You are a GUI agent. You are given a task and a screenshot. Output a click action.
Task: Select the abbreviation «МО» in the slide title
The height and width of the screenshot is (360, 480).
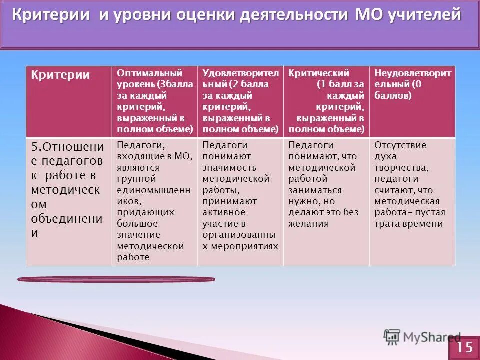click(368, 15)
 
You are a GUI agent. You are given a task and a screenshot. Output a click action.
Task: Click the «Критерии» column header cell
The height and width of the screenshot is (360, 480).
click(68, 101)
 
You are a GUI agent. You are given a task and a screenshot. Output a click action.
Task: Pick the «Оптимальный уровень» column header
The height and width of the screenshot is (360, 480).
click(154, 101)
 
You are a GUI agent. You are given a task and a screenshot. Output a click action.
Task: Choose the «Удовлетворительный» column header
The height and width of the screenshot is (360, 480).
click(240, 101)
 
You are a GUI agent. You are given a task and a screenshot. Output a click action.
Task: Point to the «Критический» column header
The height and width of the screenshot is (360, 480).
click(326, 101)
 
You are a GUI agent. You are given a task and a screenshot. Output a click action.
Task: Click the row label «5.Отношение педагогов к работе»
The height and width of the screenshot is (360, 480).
click(68, 190)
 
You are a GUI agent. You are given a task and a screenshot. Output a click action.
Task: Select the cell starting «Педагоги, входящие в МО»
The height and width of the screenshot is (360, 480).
click(154, 201)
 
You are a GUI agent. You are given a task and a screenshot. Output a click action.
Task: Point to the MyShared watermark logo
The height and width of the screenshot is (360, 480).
click(422, 336)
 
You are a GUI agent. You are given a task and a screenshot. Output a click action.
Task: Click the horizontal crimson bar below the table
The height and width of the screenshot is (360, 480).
click(116, 279)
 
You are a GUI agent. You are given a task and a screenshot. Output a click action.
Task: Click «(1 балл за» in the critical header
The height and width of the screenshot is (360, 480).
click(340, 84)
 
